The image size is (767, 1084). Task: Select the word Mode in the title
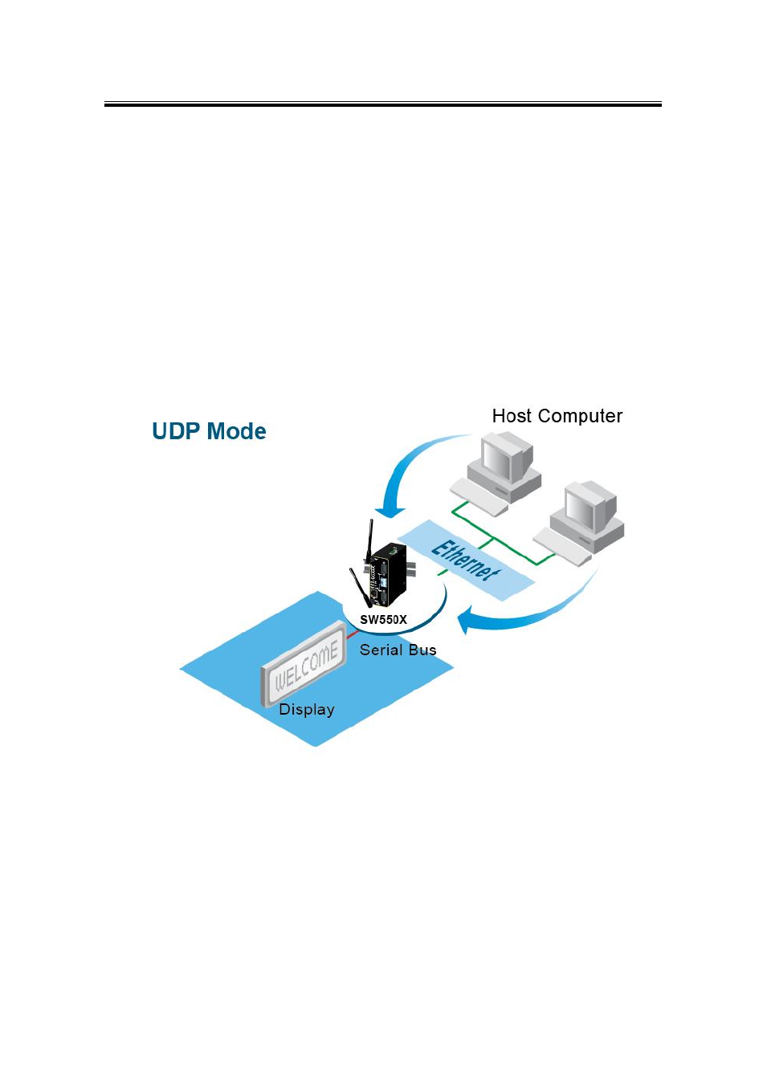click(238, 431)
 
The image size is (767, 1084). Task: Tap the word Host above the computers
click(512, 416)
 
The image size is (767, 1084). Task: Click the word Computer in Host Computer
click(580, 416)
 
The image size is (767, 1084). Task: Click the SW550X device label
click(383, 620)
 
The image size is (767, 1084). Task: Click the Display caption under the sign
click(307, 710)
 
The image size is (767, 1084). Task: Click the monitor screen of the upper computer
click(495, 458)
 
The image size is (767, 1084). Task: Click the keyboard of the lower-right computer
click(562, 546)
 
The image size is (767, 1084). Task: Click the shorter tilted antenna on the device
click(359, 587)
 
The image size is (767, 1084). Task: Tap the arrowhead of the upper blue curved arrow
click(390, 512)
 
